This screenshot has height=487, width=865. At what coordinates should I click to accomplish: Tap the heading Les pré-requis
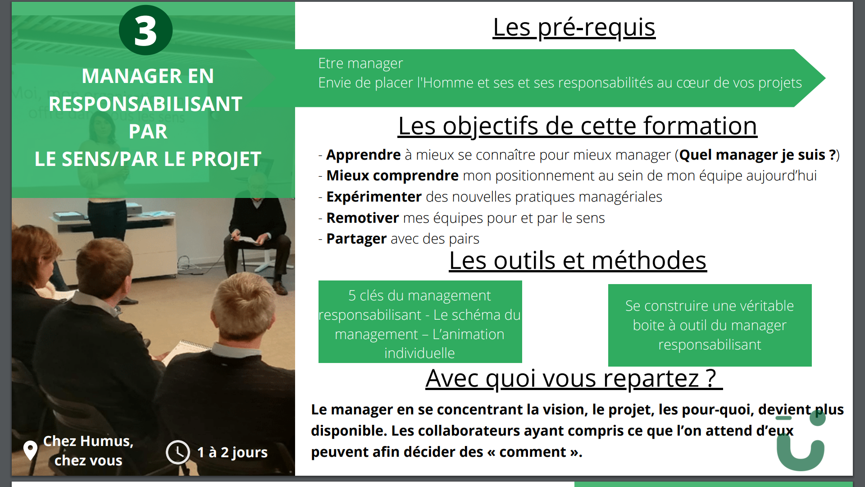[574, 27]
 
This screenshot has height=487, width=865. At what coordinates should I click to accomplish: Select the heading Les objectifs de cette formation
[577, 126]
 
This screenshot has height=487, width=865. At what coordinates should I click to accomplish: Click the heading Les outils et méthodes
[578, 261]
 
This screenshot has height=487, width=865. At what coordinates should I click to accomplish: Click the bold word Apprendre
[364, 155]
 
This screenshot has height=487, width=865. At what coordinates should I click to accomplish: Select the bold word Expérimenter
[374, 197]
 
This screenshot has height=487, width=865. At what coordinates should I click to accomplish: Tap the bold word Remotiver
[363, 218]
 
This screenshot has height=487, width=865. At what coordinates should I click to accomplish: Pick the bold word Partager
[356, 239]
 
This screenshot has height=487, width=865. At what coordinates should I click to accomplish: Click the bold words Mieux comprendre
[392, 176]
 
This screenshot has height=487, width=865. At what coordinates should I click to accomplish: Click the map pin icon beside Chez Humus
[30, 450]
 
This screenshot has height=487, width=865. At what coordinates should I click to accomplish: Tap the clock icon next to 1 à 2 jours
[178, 452]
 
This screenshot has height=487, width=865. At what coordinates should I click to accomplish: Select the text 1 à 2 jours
[232, 452]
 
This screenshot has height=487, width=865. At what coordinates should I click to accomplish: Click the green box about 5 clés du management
[420, 322]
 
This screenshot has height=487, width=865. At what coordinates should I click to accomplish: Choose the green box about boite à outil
[710, 325]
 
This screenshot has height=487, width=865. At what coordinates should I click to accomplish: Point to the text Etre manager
[360, 64]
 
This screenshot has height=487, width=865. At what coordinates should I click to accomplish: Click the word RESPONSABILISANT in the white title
[146, 104]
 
